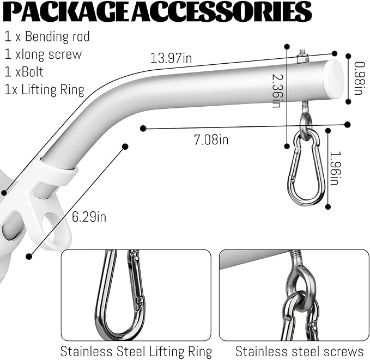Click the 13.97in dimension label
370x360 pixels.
[171, 58]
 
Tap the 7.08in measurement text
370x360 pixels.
[211, 139]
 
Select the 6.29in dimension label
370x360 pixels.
[89, 217]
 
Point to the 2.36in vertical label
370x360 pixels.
[278, 90]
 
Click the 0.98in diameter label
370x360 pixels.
[360, 78]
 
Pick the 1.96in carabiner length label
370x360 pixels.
[335, 168]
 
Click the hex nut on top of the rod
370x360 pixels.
[302, 59]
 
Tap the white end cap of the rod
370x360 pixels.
[334, 79]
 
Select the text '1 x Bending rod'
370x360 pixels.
[47, 36]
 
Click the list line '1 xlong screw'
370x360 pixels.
[43, 54]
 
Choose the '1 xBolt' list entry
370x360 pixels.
[24, 72]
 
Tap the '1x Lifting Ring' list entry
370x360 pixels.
[44, 90]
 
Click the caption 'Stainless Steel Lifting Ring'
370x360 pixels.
[136, 351]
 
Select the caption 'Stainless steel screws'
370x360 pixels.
[300, 351]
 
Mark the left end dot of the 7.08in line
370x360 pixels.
[143, 129]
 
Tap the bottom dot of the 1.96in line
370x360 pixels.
[328, 207]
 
